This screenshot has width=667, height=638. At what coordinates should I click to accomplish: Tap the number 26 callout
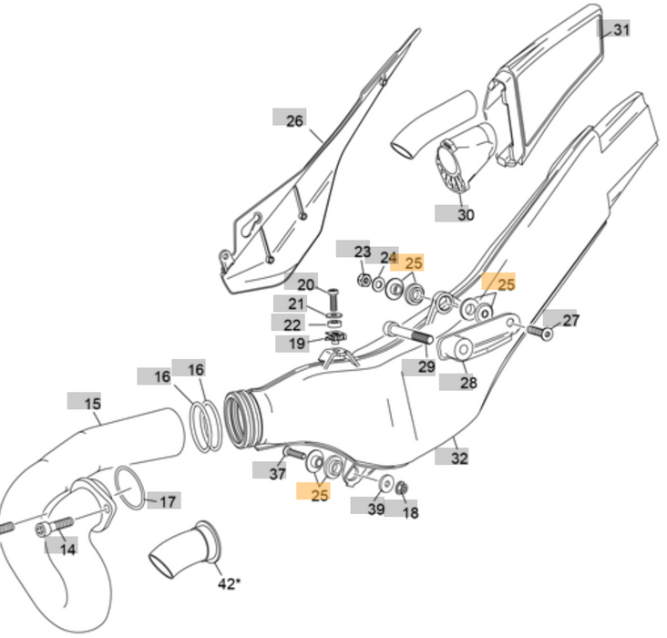tap(293, 120)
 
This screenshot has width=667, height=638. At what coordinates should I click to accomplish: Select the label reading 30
tap(465, 215)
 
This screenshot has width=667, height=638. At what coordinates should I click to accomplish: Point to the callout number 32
tap(459, 458)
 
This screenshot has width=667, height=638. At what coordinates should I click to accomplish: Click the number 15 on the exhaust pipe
tap(92, 403)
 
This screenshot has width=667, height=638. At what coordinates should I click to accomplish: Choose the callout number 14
tap(67, 549)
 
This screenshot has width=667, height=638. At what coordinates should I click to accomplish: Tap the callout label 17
tap(167, 501)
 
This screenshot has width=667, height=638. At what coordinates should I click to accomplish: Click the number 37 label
tap(276, 472)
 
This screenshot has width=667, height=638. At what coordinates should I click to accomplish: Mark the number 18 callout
tap(410, 512)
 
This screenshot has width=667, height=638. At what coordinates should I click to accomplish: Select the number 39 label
tap(375, 509)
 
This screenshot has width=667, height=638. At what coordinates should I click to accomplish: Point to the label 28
tap(467, 383)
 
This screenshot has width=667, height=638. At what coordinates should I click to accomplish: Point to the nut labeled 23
tap(364, 279)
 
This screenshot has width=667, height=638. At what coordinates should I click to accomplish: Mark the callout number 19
tap(298, 344)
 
